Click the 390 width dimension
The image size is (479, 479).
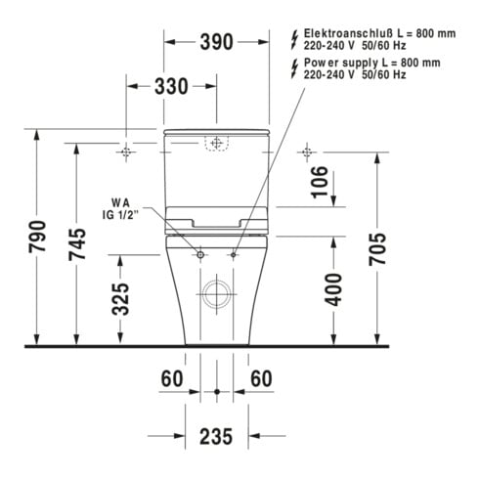[x=217, y=42]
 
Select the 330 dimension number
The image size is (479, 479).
[x=171, y=86]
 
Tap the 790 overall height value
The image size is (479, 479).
[x=37, y=237]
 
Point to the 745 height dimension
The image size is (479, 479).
[x=77, y=244]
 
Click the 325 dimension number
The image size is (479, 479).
[x=120, y=299]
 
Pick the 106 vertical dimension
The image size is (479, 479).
[x=320, y=182]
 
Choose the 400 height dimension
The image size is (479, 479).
[x=333, y=290]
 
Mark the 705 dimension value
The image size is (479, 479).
[x=377, y=249]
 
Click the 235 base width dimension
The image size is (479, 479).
[x=216, y=437]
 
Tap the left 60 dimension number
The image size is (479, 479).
[x=172, y=379]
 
